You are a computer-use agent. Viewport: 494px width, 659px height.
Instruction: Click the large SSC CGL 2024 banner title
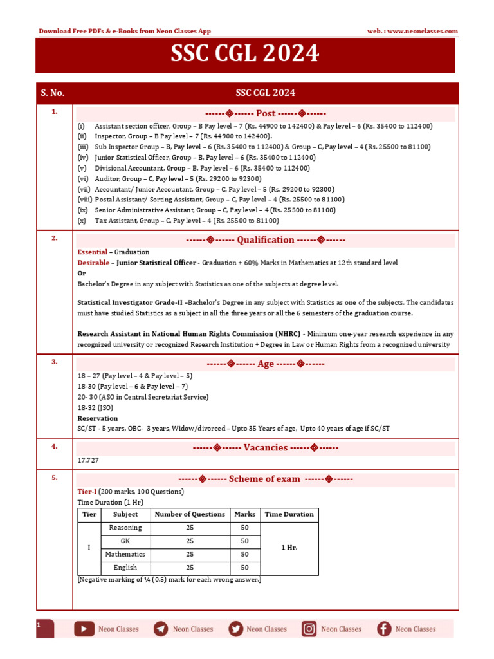244,55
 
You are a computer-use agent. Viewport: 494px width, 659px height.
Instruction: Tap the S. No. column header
53,93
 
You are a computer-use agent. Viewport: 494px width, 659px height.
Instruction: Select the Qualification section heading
265,240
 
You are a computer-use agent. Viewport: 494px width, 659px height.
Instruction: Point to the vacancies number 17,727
88,461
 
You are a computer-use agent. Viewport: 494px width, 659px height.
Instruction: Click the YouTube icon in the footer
84,629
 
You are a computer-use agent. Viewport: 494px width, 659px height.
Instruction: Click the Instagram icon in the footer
309,629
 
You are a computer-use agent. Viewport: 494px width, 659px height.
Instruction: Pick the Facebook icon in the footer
384,629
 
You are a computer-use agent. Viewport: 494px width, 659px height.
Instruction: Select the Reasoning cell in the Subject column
125,528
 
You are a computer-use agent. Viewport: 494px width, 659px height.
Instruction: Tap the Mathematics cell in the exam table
125,554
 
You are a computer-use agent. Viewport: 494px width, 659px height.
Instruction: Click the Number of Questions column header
190,514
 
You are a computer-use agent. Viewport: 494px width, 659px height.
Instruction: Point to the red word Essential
91,252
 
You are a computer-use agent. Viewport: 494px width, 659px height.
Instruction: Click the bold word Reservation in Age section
97,418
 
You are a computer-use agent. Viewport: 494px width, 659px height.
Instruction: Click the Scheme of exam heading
265,479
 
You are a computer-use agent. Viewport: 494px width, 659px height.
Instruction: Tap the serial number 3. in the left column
55,362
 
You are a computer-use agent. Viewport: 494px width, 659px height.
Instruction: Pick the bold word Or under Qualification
81,273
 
